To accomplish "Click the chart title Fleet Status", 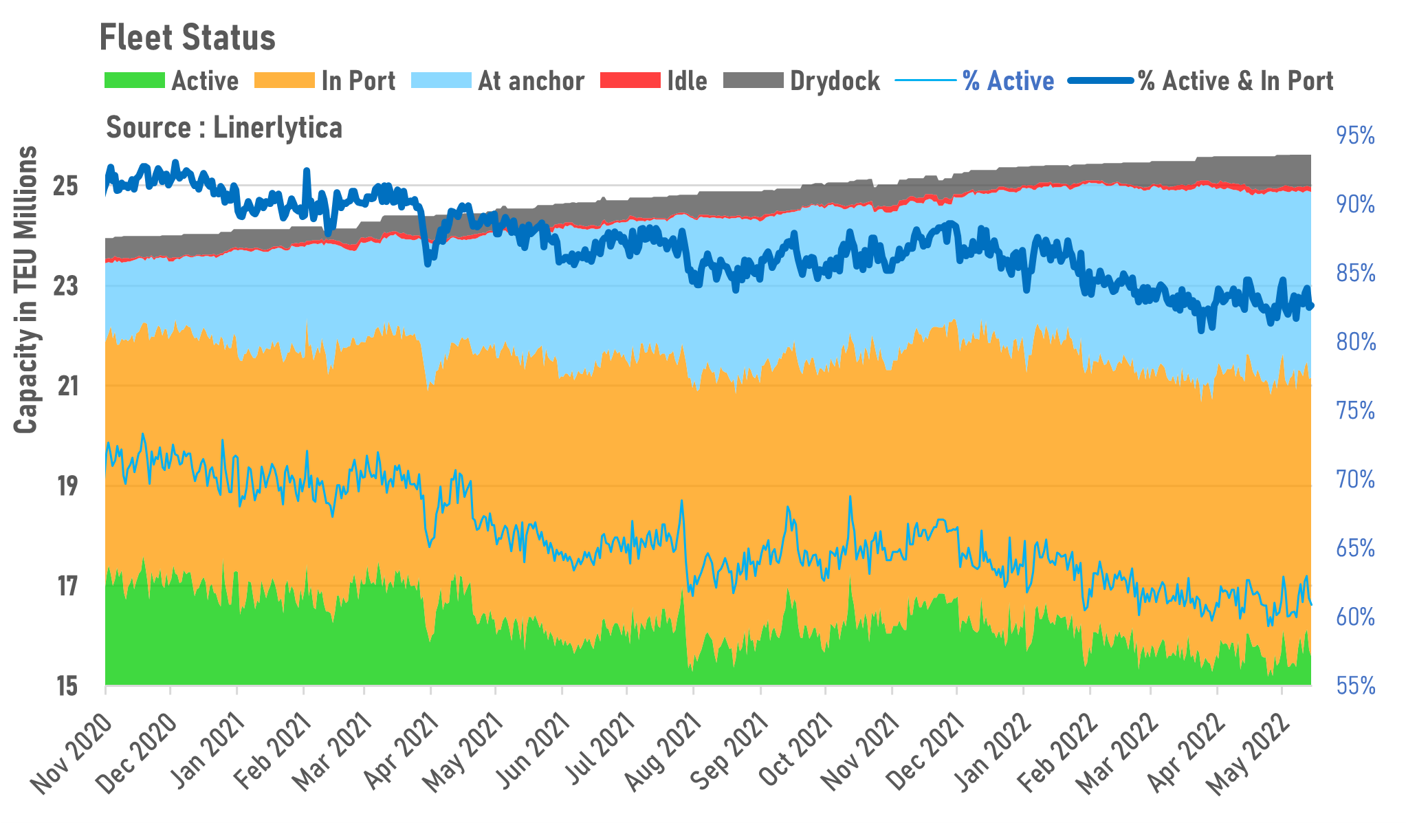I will [x=187, y=38].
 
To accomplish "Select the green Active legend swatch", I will [x=134, y=80].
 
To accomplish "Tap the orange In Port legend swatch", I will [x=284, y=80].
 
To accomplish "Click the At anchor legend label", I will [x=531, y=81].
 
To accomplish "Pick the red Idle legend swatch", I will [x=630, y=80].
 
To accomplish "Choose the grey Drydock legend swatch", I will [x=754, y=80].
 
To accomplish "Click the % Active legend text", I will [x=1008, y=81].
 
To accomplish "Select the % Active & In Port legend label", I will [x=1235, y=81].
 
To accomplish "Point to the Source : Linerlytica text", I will [x=224, y=128].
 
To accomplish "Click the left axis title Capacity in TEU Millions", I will [x=26, y=289].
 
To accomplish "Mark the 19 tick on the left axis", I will [x=67, y=487].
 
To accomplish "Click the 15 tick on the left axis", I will [x=67, y=686].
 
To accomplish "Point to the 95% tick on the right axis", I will [x=1355, y=136].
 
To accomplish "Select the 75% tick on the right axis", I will [x=1355, y=411].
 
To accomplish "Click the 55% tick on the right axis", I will [x=1355, y=686].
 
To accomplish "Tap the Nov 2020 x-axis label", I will [x=72, y=754].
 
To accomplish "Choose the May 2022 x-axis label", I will [x=1249, y=754].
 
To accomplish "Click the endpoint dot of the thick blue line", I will [x=1310, y=306].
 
